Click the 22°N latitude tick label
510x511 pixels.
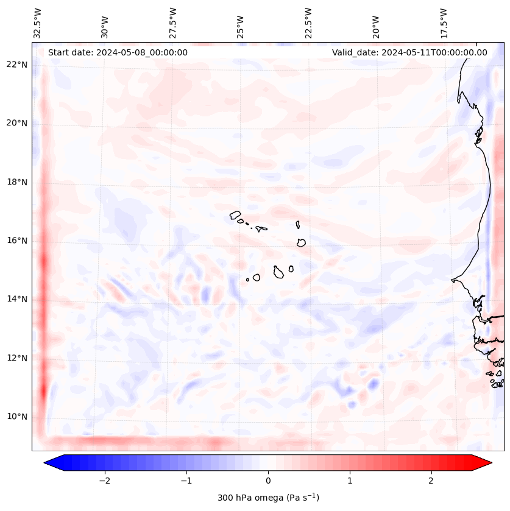click(17, 65)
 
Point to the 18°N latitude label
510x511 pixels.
click(17, 182)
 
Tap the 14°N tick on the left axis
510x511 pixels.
click(17, 299)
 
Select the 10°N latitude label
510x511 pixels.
click(17, 417)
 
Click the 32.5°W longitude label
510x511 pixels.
click(38, 23)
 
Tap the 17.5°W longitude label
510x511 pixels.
click(444, 23)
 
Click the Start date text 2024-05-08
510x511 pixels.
click(118, 52)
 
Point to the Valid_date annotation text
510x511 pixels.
click(409, 52)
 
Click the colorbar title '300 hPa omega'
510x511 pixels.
click(268, 498)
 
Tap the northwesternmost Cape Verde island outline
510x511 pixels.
click(235, 214)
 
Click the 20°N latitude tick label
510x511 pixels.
click(17, 123)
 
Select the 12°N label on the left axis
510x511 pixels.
click(17, 358)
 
